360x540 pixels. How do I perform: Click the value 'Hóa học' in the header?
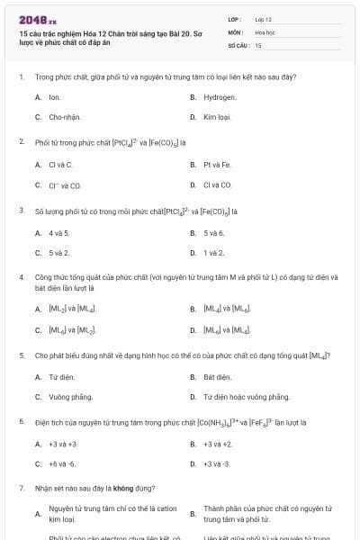[x=265, y=31]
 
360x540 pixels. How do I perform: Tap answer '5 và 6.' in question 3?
[x=213, y=233]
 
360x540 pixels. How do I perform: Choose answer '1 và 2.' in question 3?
[x=213, y=253]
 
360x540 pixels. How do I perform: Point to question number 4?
[x=21, y=277]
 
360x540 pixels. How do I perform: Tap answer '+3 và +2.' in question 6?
[x=218, y=444]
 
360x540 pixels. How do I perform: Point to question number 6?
[x=21, y=421]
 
